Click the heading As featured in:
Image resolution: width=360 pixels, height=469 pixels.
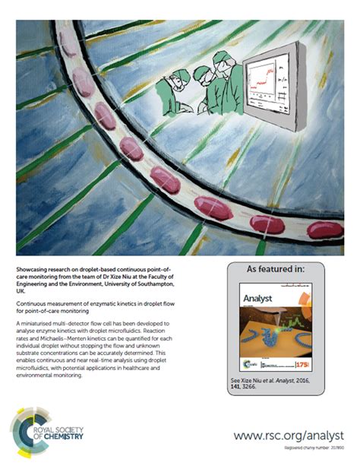point(276,269)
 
